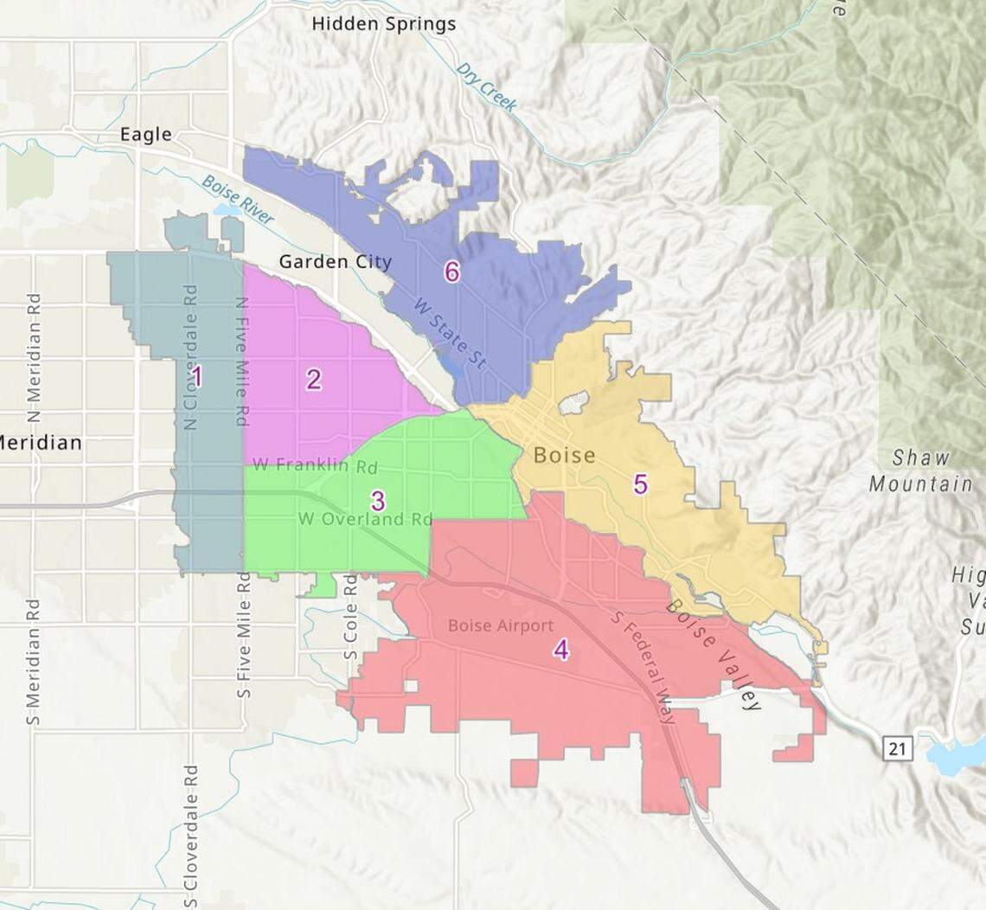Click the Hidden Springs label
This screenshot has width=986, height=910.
click(383, 23)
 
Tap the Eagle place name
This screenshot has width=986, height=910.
click(146, 134)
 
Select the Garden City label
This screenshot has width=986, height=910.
click(335, 261)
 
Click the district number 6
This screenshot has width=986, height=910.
click(451, 272)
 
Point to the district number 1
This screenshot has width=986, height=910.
click(197, 376)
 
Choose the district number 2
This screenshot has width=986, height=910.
click(313, 379)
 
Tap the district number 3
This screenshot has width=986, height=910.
click(377, 500)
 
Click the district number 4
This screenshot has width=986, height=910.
click(561, 650)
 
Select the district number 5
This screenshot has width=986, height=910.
click(640, 484)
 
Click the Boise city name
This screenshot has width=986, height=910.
click(565, 455)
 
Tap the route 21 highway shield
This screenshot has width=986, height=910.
click(896, 748)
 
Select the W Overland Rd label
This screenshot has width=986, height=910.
click(365, 520)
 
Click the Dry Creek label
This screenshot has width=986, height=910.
click(487, 87)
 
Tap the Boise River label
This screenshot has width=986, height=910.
click(237, 200)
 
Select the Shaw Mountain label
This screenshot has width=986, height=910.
click(920, 471)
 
